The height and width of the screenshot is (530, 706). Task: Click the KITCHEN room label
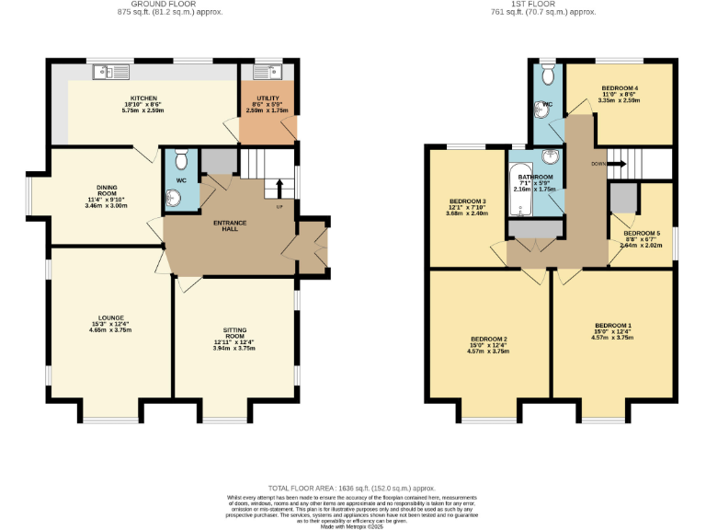(143, 98)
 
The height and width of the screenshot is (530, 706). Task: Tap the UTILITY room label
(266, 98)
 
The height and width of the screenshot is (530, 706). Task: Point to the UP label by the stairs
(279, 206)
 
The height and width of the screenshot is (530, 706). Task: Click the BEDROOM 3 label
(467, 201)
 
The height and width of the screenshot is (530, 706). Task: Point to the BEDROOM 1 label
(612, 326)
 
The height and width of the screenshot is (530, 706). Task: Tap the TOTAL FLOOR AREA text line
(350, 488)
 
